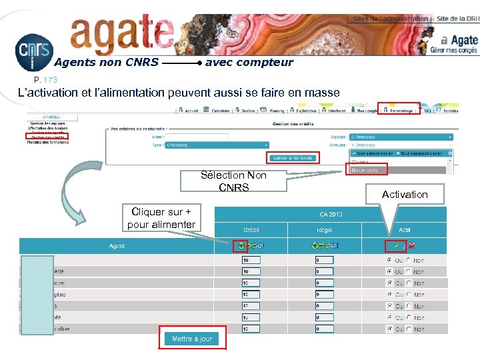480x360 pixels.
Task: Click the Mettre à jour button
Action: point(193,339)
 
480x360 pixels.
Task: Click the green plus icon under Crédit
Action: point(241,246)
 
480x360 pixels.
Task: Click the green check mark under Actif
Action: point(397,246)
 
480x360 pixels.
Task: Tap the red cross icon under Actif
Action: point(411,246)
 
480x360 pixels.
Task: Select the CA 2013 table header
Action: point(330,214)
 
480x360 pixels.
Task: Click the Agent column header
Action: point(117,246)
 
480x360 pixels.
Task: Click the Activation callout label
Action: point(405,194)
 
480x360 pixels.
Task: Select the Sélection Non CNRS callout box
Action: point(233,181)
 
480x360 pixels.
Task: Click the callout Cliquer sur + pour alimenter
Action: point(161,218)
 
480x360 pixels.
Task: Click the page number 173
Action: point(51,80)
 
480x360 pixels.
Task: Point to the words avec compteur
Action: point(249,63)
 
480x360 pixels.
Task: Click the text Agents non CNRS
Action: point(106,63)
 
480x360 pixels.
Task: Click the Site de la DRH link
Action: point(457,19)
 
